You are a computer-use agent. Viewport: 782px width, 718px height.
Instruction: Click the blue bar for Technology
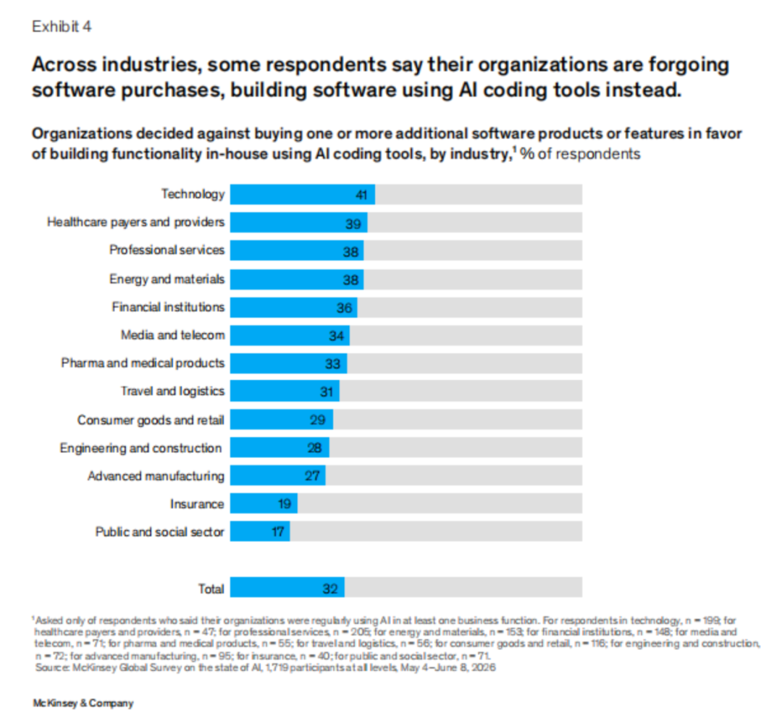tap(302, 195)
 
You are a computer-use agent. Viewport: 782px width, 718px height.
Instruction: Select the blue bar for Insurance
tap(264, 504)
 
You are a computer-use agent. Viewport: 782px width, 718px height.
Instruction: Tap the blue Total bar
tap(287, 588)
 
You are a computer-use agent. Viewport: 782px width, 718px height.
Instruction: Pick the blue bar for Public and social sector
tap(260, 531)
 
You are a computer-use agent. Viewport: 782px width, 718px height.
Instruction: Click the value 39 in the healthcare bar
tap(353, 224)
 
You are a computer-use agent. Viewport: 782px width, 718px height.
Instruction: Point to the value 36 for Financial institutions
tap(344, 308)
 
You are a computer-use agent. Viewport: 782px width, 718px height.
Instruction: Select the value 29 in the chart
tap(318, 421)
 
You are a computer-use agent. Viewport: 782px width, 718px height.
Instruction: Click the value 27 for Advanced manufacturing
tap(312, 476)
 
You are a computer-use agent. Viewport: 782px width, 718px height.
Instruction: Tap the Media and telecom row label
tap(172, 335)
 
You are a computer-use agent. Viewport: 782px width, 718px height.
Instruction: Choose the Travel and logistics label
tap(172, 392)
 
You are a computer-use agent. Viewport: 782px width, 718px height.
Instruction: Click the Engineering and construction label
tap(140, 448)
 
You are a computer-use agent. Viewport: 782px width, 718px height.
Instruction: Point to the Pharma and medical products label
tap(143, 363)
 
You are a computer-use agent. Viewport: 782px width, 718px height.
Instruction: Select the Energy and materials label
tap(167, 279)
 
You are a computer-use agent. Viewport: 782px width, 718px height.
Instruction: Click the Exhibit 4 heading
tap(62, 27)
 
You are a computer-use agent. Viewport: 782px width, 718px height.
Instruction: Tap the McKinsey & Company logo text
tap(83, 703)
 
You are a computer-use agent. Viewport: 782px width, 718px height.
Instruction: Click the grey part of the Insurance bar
tap(440, 504)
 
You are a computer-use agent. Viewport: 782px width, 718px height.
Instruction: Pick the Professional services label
tap(167, 250)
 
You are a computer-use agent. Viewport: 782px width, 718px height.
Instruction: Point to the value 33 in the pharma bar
tap(332, 364)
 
